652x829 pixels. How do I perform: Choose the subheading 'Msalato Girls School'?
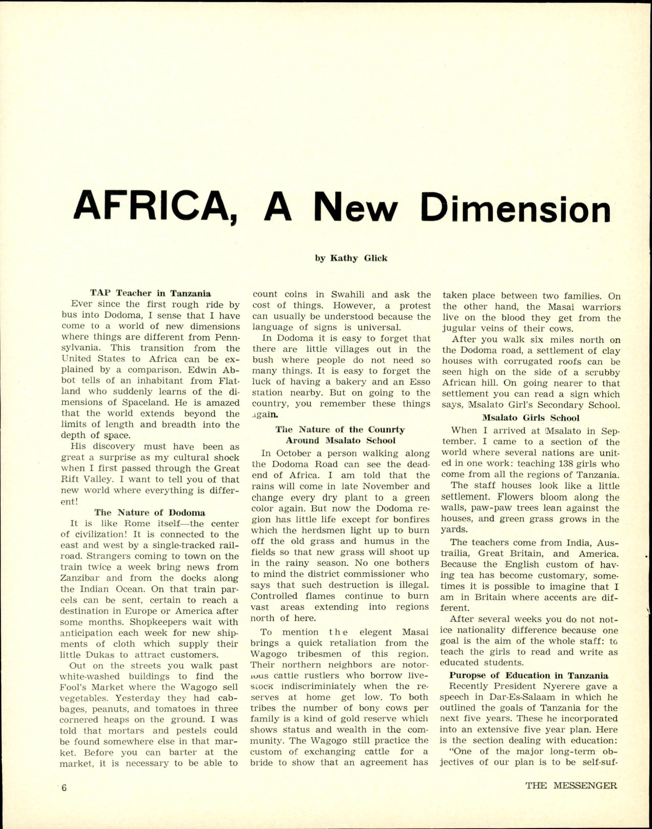[531, 418]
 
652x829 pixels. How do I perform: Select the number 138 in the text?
[555, 464]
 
